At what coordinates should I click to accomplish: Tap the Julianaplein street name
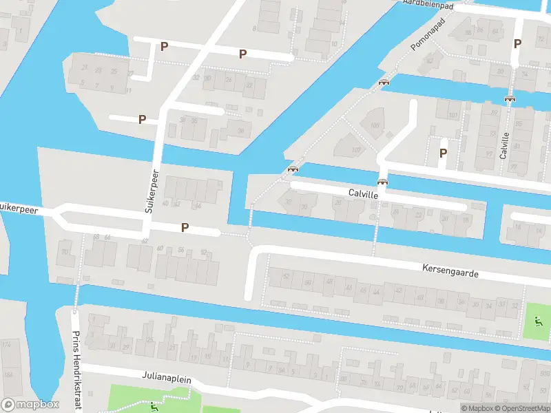click(x=167, y=379)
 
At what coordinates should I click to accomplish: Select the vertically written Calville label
click(x=505, y=145)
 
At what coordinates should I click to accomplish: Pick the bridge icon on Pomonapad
click(x=384, y=82)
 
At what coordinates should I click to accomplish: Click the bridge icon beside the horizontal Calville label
click(x=382, y=182)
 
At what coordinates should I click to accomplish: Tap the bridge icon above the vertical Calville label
click(x=510, y=98)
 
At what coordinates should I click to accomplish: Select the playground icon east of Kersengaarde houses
click(x=537, y=320)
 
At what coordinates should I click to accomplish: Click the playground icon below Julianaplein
click(x=154, y=406)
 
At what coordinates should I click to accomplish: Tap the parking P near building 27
click(x=164, y=47)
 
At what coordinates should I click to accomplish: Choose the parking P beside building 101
click(x=444, y=153)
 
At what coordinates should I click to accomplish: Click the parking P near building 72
click(x=517, y=43)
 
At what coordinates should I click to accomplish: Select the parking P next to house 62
click(x=185, y=227)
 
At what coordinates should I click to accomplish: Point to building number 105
click(x=375, y=125)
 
